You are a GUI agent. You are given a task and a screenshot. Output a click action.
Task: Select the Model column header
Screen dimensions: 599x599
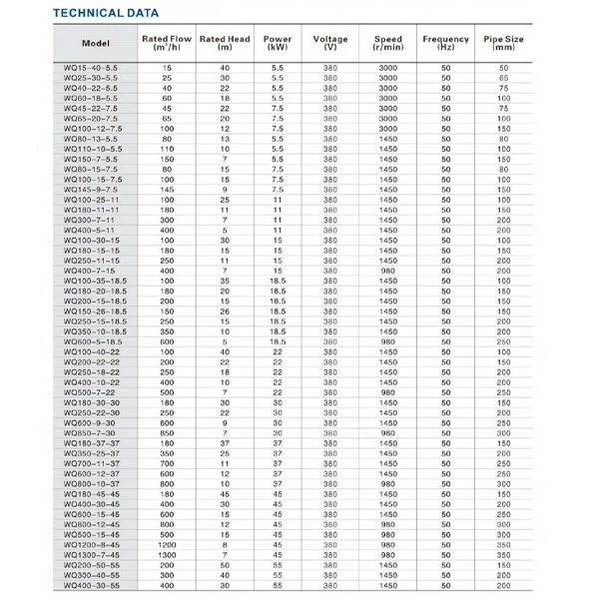coord(95,45)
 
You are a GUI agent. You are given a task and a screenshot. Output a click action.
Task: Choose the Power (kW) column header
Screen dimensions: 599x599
coord(278,44)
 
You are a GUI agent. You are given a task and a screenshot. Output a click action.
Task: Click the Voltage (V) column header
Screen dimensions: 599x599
coord(330,44)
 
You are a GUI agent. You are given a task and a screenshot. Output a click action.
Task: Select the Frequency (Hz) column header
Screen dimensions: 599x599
coord(445,44)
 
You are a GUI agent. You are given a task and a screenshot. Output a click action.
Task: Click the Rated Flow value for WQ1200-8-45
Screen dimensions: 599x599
coord(167,545)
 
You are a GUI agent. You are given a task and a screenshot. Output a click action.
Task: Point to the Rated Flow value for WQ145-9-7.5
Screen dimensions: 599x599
coord(167,189)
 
